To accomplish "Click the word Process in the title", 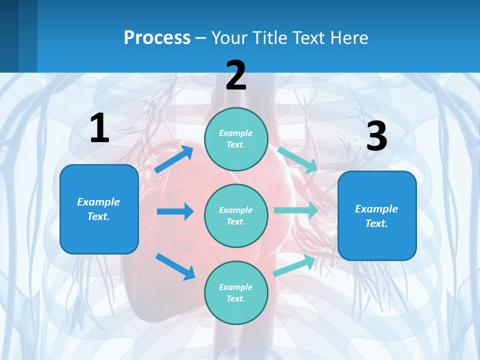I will pyautogui.click(x=157, y=38).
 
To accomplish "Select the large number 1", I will pyautogui.click(x=99, y=128).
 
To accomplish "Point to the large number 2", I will pyautogui.click(x=236, y=75).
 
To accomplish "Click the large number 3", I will pyautogui.click(x=376, y=136).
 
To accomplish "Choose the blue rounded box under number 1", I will pyautogui.click(x=99, y=209).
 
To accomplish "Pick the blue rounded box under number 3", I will pyautogui.click(x=377, y=215).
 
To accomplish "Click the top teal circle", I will pyautogui.click(x=236, y=139).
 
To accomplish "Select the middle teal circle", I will pyautogui.click(x=236, y=215).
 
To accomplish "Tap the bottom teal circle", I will pyautogui.click(x=236, y=292).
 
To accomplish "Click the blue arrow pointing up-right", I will pyautogui.click(x=173, y=159).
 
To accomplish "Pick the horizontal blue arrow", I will pyautogui.click(x=175, y=211).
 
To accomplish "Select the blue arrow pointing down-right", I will pyautogui.click(x=175, y=266).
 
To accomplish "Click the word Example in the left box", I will pyautogui.click(x=98, y=202).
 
